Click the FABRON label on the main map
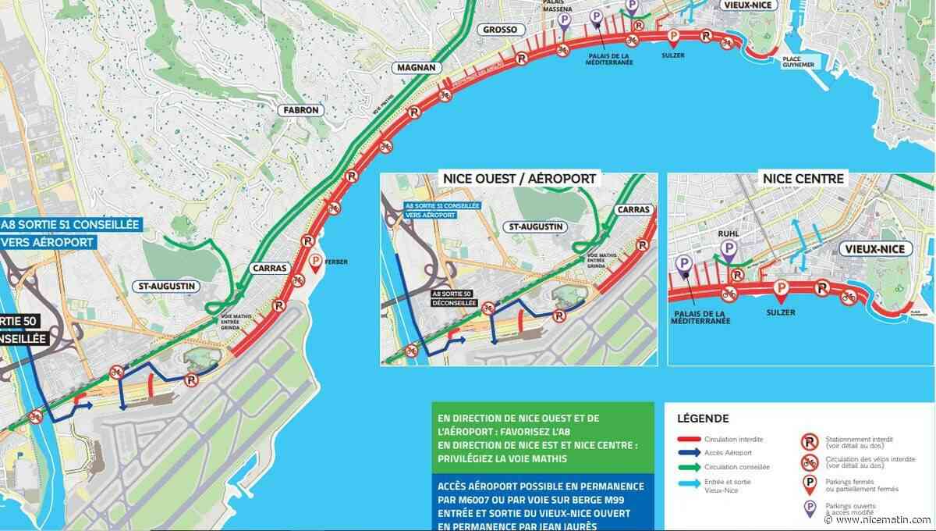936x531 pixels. click(x=300, y=110)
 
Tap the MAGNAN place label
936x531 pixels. click(x=415, y=68)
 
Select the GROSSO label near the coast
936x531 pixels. click(x=500, y=30)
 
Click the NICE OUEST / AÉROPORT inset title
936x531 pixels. click(x=519, y=179)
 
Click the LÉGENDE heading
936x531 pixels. click(x=704, y=419)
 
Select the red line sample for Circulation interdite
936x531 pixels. click(x=697, y=440)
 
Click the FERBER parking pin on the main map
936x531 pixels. click(x=316, y=263)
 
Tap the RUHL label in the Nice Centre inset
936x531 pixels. click(x=728, y=232)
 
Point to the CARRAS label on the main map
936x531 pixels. click(x=270, y=268)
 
